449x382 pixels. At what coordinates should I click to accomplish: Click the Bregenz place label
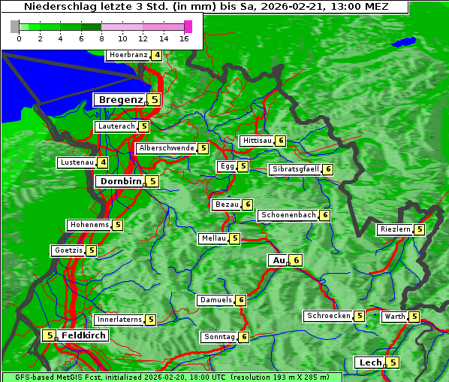click(x=120, y=99)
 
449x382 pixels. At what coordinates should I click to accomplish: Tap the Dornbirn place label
click(x=120, y=181)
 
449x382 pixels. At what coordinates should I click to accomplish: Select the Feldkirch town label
click(x=83, y=335)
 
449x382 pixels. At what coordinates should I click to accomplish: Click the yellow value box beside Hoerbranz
click(x=156, y=55)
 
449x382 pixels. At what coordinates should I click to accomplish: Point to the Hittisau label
click(x=257, y=141)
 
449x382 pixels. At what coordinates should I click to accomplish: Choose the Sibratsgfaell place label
click(x=295, y=169)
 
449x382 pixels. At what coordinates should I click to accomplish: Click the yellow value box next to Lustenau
click(x=103, y=162)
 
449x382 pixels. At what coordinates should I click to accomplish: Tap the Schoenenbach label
click(x=288, y=215)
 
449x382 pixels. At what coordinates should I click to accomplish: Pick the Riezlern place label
click(x=395, y=229)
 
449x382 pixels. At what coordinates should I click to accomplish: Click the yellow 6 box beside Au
click(x=297, y=260)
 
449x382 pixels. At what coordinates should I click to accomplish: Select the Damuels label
click(x=215, y=300)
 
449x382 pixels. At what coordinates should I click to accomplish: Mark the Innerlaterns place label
click(x=119, y=320)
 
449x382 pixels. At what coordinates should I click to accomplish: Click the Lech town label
click(x=370, y=362)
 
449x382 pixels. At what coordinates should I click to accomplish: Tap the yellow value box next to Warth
click(x=414, y=317)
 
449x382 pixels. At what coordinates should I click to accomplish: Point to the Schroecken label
click(x=328, y=316)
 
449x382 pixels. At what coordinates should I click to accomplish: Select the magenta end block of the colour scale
click(x=188, y=26)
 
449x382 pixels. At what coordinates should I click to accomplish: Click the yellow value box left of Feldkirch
click(x=49, y=335)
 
